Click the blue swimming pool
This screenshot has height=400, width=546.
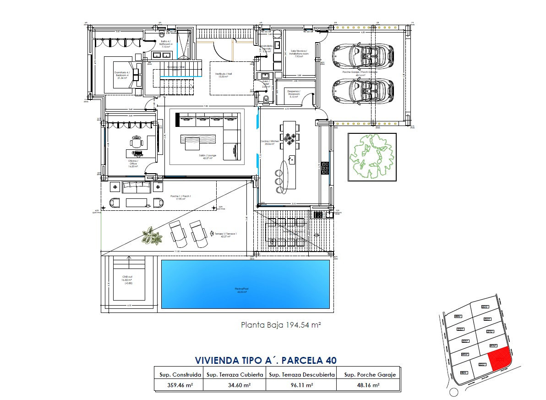point(246,284)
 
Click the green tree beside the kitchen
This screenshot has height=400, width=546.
point(371,156)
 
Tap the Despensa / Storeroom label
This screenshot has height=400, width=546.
point(294,93)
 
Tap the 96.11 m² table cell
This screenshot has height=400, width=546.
point(300,385)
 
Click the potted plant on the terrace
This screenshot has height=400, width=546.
point(152,236)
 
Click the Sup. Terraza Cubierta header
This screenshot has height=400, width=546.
point(235,374)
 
